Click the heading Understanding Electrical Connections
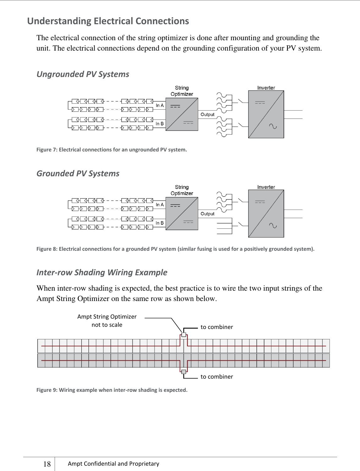coord(108,21)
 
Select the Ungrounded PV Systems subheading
coord(83,74)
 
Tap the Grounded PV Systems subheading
coord(78,173)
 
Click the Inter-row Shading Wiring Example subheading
coord(102,272)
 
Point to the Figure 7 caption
coord(112,150)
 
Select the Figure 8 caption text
coord(175,249)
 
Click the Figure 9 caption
coord(112,390)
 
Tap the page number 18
coord(47,464)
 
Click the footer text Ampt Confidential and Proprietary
coord(113,463)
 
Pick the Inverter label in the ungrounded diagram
coord(266,88)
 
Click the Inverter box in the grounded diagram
coord(266,214)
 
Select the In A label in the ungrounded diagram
coord(160,106)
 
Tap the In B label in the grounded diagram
coord(160,223)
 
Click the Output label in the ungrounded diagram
coord(207,115)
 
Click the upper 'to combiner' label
coord(217,327)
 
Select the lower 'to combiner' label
coord(217,376)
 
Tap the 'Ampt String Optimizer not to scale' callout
coord(107,320)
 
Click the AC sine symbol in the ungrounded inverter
coord(273,127)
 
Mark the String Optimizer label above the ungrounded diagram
coord(182,91)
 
